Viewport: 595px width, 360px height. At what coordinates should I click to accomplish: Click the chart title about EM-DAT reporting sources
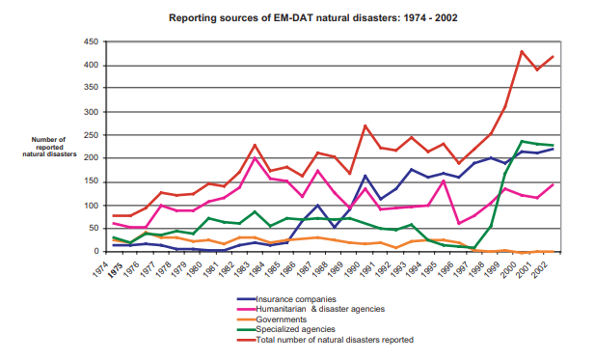[x=300, y=17]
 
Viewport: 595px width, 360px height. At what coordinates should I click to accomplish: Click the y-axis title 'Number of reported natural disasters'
[x=49, y=147]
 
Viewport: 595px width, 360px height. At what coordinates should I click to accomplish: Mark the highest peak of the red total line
[x=522, y=51]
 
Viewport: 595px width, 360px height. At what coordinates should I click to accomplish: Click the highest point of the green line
[x=522, y=141]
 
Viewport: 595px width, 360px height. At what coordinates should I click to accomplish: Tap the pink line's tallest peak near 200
[x=254, y=158]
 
